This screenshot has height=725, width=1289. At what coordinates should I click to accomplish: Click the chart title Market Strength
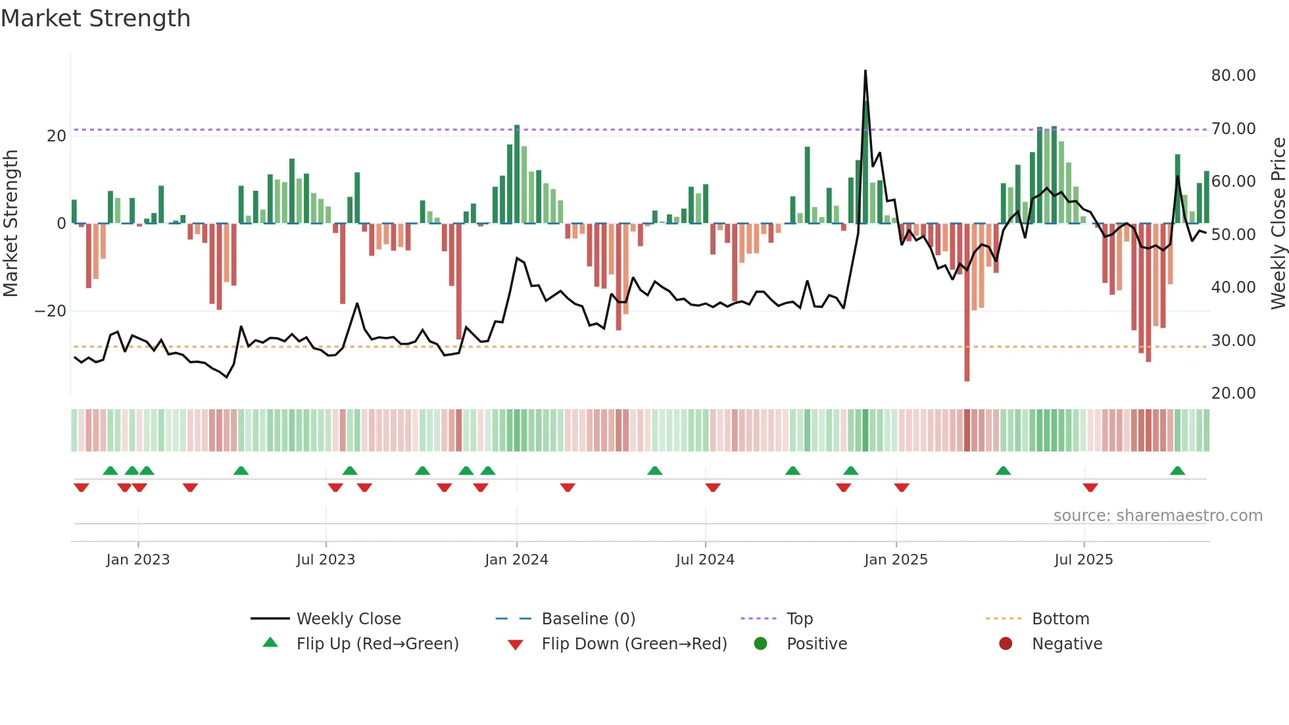[95, 18]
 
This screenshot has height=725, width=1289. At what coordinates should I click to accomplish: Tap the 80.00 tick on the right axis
[1233, 76]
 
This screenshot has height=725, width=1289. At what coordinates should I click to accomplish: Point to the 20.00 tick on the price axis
[1233, 393]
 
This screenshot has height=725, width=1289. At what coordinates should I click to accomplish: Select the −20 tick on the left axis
[51, 311]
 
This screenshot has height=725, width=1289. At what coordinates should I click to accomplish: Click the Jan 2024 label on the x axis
[516, 560]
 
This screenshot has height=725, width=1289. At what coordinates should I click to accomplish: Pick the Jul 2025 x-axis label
[1083, 560]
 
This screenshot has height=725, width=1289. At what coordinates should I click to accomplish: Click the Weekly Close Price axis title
[1278, 224]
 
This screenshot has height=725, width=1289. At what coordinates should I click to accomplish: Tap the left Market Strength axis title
[11, 224]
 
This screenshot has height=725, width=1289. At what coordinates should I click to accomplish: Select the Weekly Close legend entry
[348, 619]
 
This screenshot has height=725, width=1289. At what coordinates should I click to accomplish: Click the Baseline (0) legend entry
[588, 619]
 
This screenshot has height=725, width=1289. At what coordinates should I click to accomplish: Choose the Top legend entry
[799, 619]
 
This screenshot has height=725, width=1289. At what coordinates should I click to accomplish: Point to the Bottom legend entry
[1060, 619]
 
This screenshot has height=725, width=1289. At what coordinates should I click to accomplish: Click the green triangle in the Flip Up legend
[270, 643]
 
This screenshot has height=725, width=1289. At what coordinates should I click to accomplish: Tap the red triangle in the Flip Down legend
[516, 645]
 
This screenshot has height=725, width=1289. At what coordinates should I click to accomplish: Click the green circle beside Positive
[761, 643]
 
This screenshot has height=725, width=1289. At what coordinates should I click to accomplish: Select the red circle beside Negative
[1006, 643]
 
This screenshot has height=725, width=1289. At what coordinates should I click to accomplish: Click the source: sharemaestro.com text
[1157, 516]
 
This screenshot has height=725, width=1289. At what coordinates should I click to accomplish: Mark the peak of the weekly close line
[865, 71]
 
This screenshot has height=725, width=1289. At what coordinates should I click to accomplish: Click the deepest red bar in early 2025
[967, 303]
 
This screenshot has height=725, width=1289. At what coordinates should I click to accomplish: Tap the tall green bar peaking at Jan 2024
[517, 174]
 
